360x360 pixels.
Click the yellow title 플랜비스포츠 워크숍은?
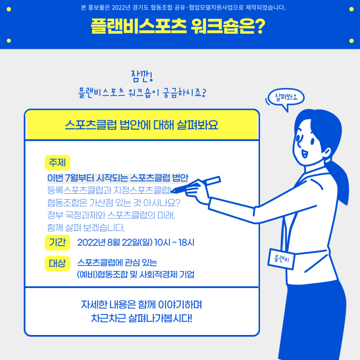click(178, 27)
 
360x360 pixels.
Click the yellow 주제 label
click(57, 163)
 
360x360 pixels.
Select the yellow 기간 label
click(57, 242)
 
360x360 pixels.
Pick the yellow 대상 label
click(57, 263)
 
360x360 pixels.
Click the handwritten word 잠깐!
click(142, 77)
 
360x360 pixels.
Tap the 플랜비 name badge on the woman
click(281, 259)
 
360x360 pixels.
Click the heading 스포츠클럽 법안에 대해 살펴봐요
click(141, 125)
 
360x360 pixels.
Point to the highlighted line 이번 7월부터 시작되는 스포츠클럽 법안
click(118, 178)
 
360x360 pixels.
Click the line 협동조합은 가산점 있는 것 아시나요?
click(114, 203)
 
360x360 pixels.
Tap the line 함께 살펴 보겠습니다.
click(86, 227)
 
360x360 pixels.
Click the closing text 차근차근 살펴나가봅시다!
click(141, 319)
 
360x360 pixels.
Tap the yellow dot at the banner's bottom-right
click(351, 41)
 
